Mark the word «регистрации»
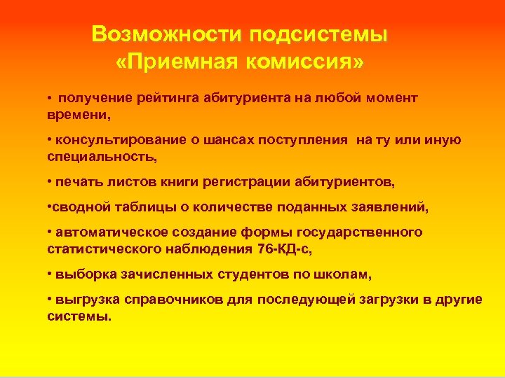(x=271, y=183)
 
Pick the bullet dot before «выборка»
(x=50, y=274)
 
